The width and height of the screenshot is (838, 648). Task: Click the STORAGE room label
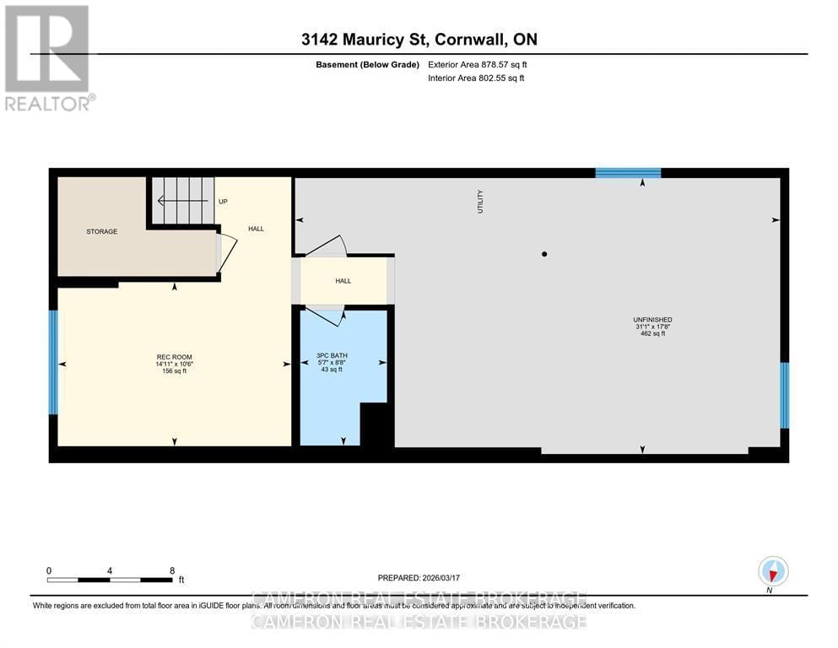tap(101, 231)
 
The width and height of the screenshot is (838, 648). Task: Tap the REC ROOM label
tap(173, 356)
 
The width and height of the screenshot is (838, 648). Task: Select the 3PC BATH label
tap(329, 355)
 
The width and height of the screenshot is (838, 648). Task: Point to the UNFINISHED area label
tap(652, 319)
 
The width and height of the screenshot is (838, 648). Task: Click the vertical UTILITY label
tap(481, 201)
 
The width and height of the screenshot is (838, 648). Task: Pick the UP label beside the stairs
tap(223, 202)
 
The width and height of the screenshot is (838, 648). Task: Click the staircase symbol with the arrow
tap(181, 201)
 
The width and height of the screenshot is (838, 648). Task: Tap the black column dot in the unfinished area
tap(544, 254)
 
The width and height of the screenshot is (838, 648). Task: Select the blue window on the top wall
tap(628, 173)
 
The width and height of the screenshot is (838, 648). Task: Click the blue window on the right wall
tap(784, 395)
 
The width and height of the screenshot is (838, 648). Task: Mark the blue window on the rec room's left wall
tap(53, 362)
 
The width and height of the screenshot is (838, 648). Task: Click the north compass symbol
tap(773, 571)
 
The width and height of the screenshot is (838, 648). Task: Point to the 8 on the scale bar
tap(172, 570)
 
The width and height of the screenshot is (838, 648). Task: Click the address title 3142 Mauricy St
tap(419, 39)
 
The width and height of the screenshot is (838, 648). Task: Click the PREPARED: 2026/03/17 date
tap(419, 578)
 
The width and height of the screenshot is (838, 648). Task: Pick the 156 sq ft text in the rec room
tap(173, 370)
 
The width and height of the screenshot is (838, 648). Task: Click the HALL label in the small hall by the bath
tap(343, 281)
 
